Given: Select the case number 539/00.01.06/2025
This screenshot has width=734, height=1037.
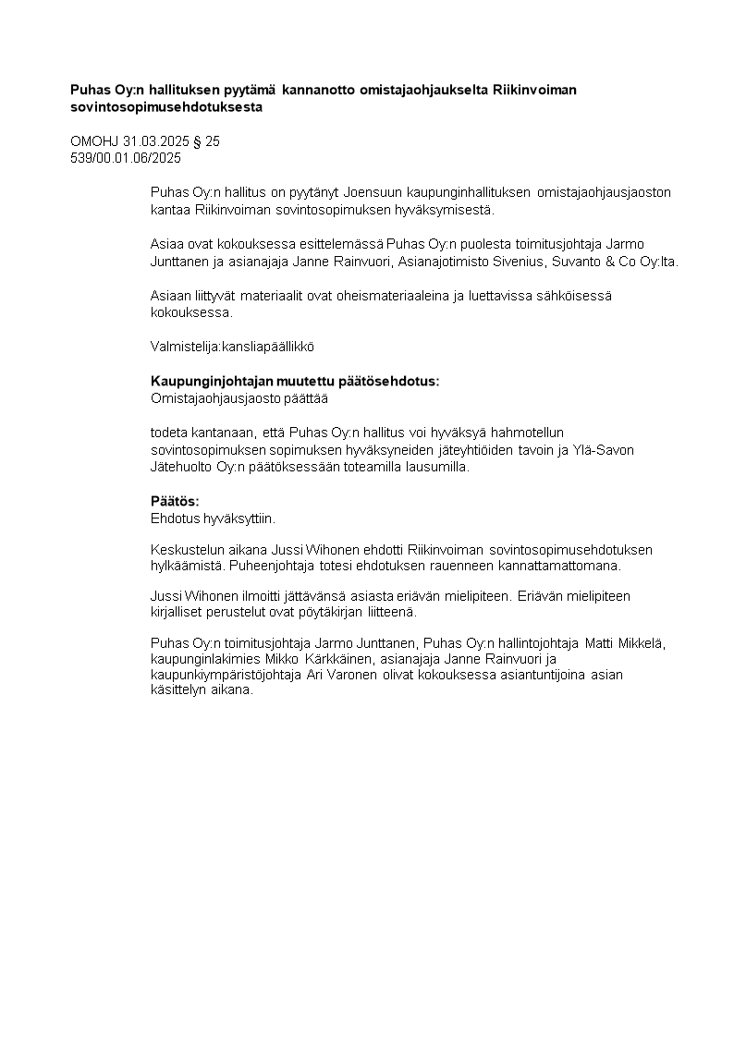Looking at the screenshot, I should (x=126, y=158).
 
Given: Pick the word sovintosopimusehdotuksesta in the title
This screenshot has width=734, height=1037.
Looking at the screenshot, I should (x=166, y=107).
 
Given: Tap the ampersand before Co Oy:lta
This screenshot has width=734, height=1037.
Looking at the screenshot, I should (x=606, y=262).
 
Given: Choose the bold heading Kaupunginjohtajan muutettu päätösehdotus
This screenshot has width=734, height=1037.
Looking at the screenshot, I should (x=295, y=382).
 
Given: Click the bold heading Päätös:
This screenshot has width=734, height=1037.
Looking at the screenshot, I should (x=175, y=501).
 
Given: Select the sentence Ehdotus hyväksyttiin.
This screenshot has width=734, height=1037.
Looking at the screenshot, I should (x=213, y=518).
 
